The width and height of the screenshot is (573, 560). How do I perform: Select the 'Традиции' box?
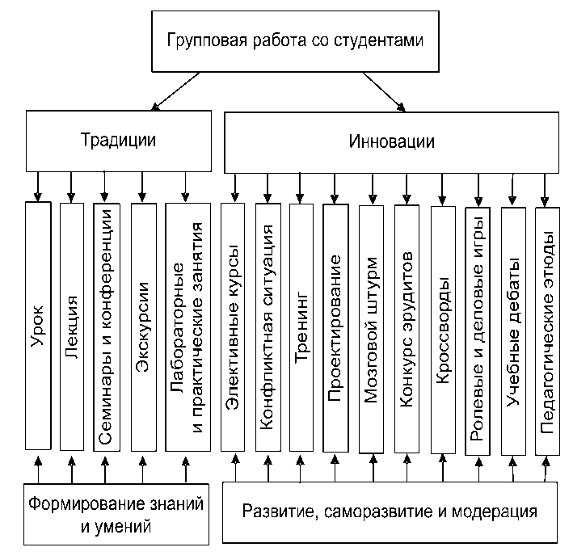point(119,139)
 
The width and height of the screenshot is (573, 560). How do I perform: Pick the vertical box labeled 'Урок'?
point(37,326)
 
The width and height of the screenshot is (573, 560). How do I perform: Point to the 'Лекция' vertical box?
point(71,326)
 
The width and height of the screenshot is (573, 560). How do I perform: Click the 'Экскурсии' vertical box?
point(143,326)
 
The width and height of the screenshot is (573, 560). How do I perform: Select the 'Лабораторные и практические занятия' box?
point(187,326)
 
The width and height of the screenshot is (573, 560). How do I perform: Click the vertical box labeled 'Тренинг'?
point(301,326)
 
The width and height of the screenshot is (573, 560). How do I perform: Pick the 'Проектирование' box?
point(335,326)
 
